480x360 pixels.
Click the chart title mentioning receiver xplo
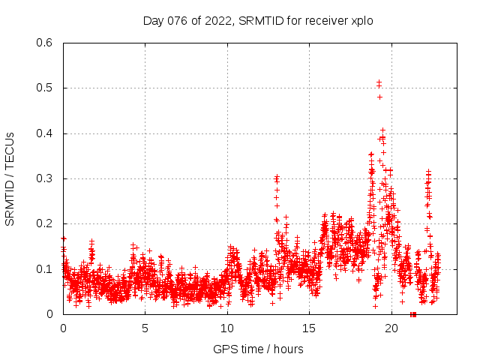click(x=258, y=20)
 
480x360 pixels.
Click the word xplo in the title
click(x=361, y=20)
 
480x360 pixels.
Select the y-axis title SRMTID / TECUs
click(x=10, y=178)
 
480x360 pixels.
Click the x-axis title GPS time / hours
click(x=258, y=349)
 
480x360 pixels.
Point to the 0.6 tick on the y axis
click(x=46, y=43)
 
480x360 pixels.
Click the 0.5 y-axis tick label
click(x=46, y=88)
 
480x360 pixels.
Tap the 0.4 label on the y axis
click(x=46, y=133)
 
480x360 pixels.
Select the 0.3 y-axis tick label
click(x=46, y=178)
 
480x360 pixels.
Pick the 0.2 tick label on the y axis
click(x=46, y=223)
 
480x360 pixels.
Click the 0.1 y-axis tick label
click(x=46, y=268)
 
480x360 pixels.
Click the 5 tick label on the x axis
click(x=145, y=328)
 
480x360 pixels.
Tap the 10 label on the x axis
click(x=226, y=328)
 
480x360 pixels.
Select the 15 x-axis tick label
click(x=308, y=328)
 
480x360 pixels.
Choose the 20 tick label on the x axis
click(x=390, y=328)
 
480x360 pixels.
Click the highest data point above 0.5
click(x=379, y=82)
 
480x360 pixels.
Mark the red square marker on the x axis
click(x=413, y=314)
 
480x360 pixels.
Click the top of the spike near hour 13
click(x=277, y=177)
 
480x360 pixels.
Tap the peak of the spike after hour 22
click(x=428, y=172)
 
